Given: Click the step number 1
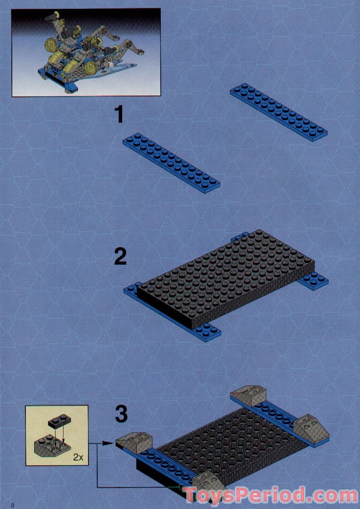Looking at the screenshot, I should click(119, 115).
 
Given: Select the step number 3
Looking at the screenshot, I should click(121, 414).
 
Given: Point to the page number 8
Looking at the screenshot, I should click(13, 505).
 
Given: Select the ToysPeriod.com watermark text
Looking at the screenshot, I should click(271, 496).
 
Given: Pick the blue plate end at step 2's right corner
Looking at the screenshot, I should click(314, 280).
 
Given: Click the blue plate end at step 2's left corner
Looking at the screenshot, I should click(131, 290).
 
